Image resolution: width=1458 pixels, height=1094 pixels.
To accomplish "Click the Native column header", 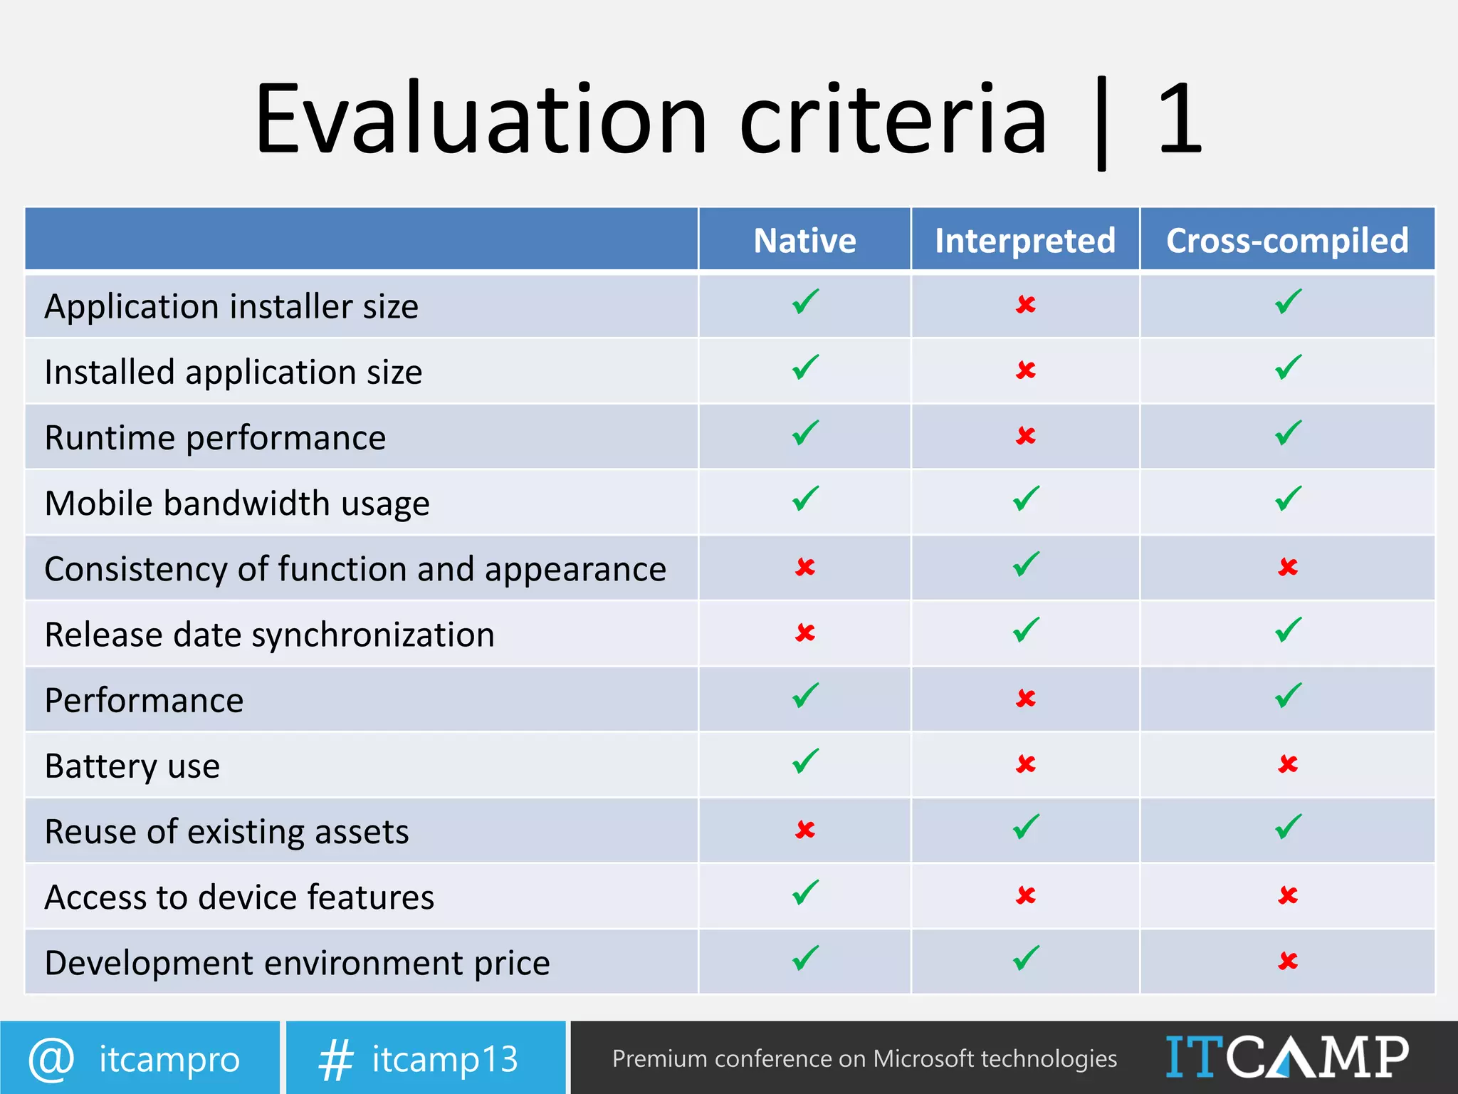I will point(804,241).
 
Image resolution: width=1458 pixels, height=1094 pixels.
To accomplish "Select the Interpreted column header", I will point(1025,241).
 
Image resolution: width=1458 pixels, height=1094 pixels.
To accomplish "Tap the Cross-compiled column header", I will point(1287,241).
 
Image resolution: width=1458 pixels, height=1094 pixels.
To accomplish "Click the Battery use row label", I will point(132,766).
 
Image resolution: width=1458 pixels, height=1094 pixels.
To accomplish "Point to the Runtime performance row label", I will point(215,438).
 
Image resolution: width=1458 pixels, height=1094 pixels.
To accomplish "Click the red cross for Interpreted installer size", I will point(1025,305).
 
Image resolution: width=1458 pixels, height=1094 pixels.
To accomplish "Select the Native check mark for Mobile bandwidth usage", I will point(805,499).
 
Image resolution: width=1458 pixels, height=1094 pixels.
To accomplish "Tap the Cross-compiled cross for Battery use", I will point(1287,764).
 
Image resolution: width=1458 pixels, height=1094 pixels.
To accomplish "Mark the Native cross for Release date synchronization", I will point(805,632).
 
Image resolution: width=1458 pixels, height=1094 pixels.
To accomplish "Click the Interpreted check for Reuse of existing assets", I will point(1026,827).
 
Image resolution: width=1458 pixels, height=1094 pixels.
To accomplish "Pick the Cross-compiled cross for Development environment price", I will point(1287,961).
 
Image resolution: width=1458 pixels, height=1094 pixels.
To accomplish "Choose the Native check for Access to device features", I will point(805,892).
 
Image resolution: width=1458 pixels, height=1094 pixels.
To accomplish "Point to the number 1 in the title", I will point(1180,119).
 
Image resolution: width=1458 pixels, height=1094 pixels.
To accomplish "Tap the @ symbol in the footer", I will point(51,1059).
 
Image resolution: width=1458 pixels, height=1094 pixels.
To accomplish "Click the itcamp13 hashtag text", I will point(445,1059).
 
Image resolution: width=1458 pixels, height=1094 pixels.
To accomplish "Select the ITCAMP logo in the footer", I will point(1287,1057).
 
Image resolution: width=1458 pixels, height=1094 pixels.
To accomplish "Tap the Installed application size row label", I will point(234,373).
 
